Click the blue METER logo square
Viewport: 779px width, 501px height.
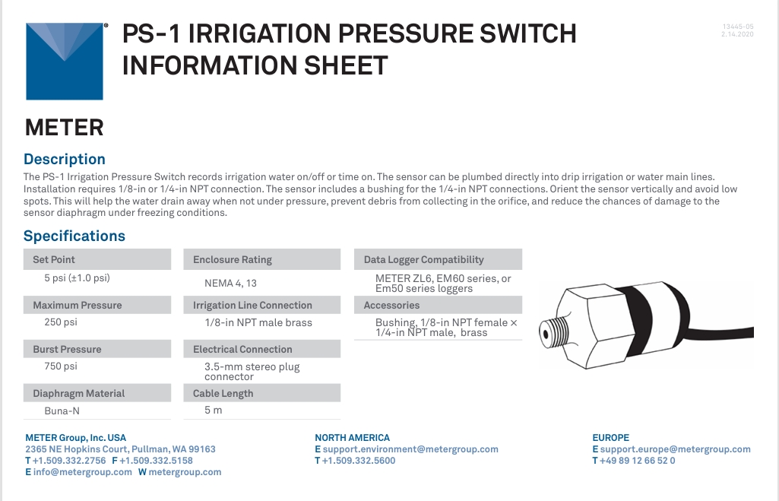pos(65,61)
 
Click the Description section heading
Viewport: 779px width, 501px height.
pos(65,159)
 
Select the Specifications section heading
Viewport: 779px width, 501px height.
pos(74,236)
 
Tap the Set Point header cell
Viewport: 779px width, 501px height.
pos(97,259)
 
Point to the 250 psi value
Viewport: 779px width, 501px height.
pos(61,322)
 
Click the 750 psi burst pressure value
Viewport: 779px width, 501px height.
pos(61,366)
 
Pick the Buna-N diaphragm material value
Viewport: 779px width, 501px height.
pos(62,411)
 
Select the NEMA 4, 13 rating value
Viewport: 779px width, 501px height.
pos(230,284)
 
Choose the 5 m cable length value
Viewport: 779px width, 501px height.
pos(213,410)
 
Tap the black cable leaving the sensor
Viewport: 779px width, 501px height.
pos(720,332)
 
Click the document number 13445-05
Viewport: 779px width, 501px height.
pos(738,27)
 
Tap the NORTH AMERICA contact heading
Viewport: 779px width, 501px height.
pos(352,438)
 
